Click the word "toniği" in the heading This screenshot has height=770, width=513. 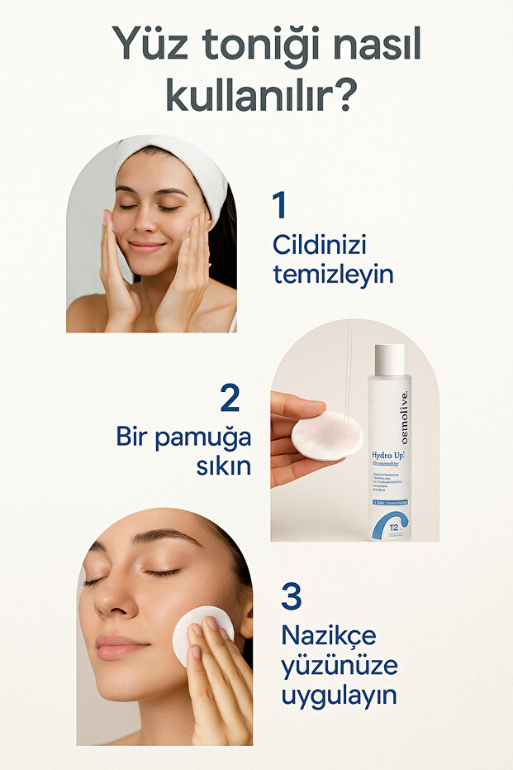[254, 45]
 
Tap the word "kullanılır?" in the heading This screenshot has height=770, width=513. [262, 96]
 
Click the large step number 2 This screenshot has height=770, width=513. [230, 398]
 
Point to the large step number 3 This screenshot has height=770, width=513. [291, 596]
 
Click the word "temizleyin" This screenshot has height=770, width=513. [332, 274]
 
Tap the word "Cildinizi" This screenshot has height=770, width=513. [319, 246]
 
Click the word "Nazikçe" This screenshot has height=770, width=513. [328, 635]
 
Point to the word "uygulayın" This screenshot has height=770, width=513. [338, 695]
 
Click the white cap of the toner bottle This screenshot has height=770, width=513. [389, 359]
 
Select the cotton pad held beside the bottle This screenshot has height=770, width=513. [327, 436]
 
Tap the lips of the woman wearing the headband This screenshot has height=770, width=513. [146, 246]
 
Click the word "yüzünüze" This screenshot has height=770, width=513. [339, 665]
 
